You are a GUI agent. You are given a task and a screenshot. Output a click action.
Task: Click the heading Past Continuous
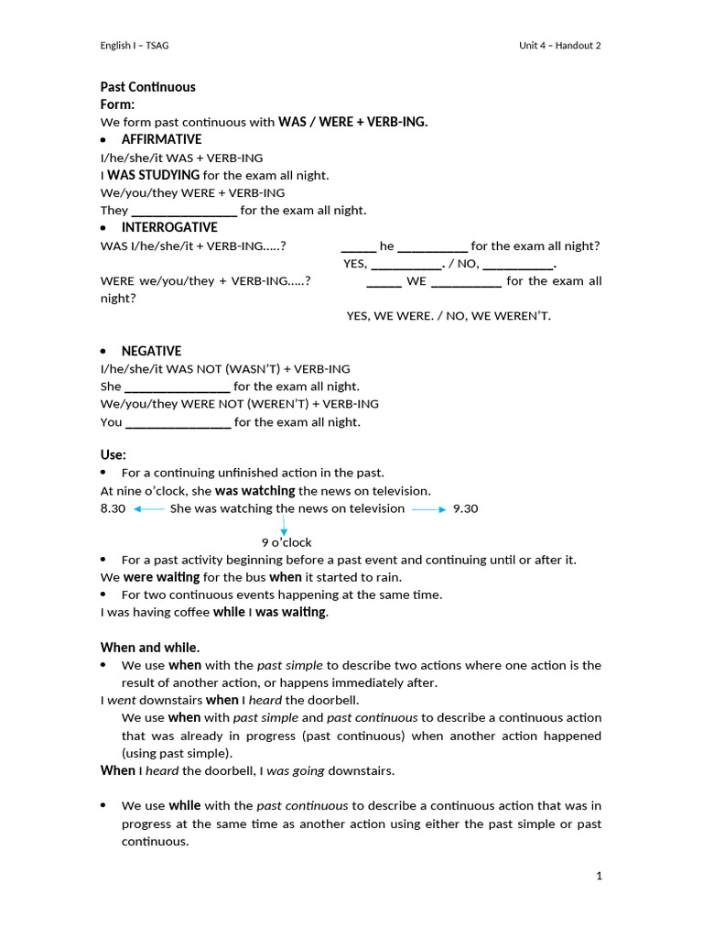click(147, 87)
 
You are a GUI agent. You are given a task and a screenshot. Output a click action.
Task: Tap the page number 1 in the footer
click(599, 877)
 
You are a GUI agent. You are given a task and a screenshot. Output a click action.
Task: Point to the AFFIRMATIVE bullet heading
click(161, 139)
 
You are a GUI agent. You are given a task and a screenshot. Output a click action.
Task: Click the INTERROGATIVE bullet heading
click(169, 227)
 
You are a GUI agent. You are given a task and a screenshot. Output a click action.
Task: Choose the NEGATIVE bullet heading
click(151, 351)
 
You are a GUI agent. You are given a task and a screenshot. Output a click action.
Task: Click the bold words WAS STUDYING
click(154, 175)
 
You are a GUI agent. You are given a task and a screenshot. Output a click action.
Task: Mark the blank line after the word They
click(184, 212)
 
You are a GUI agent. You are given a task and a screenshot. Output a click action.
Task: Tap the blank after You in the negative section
click(178, 423)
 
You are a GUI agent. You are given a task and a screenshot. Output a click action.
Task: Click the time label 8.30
click(113, 508)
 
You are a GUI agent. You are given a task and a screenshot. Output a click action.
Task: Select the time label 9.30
click(465, 508)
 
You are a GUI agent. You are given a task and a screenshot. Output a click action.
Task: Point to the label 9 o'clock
click(287, 542)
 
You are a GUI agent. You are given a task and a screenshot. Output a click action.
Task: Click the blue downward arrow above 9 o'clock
click(284, 525)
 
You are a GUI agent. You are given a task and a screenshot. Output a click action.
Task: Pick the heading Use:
click(114, 454)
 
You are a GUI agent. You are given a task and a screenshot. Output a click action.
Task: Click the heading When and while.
click(149, 648)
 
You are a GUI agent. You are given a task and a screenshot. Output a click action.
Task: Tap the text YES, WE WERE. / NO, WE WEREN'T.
click(449, 316)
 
